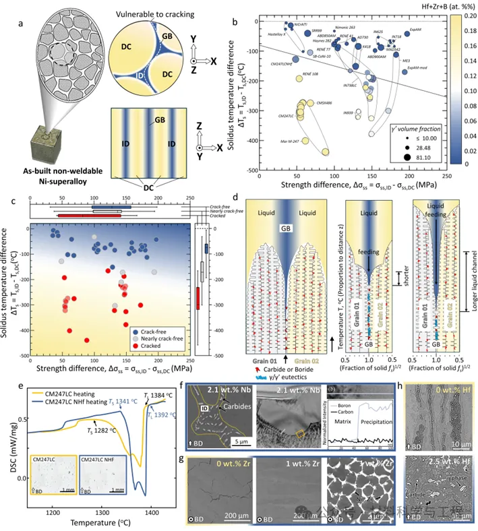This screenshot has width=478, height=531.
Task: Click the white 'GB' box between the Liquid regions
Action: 286,228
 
